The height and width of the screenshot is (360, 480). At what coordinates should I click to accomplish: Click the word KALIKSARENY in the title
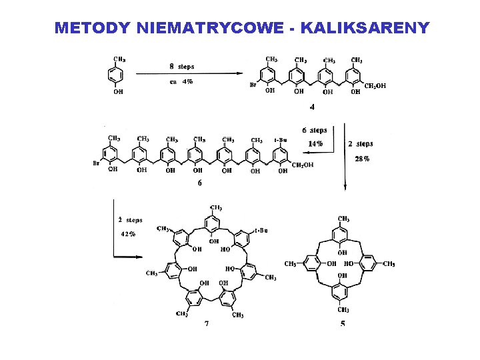[365, 28]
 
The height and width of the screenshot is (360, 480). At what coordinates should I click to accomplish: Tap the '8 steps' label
[182, 66]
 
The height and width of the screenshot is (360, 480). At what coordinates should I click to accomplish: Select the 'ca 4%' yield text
[181, 81]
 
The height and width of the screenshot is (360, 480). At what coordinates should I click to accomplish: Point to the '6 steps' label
[314, 131]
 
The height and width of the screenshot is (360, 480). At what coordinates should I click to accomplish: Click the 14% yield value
[315, 143]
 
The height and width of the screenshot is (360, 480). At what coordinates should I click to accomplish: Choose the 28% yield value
[362, 159]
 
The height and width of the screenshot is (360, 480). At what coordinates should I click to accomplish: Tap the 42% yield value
[128, 234]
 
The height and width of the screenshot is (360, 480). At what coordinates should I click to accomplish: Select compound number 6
[199, 184]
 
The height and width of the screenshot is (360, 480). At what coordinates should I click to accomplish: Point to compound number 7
[207, 323]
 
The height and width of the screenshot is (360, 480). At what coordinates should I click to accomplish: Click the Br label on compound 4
[253, 85]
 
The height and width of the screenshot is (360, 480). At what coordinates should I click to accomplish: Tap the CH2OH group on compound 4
[375, 85]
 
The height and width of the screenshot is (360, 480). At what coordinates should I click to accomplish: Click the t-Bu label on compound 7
[261, 231]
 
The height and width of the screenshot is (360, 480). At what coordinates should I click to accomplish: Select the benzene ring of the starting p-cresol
[117, 76]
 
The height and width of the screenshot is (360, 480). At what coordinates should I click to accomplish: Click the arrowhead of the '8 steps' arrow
[240, 74]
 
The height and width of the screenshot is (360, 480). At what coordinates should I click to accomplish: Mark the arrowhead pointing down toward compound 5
[345, 188]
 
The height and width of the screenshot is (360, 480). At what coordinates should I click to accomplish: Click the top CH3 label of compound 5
[343, 219]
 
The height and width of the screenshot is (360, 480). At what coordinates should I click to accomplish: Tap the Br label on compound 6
[97, 163]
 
